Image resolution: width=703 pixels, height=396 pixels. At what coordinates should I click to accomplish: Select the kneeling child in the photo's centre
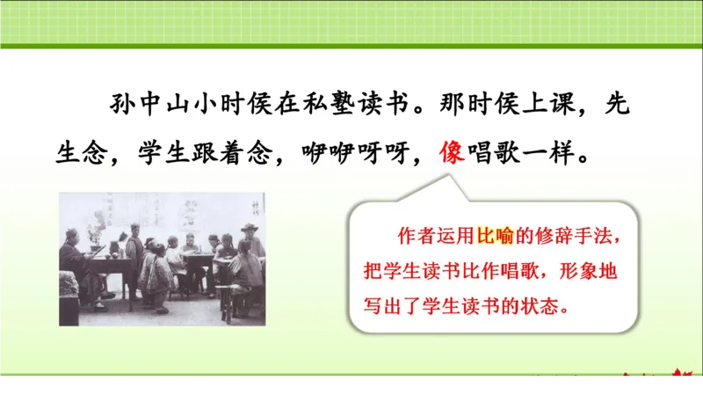[157, 277]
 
